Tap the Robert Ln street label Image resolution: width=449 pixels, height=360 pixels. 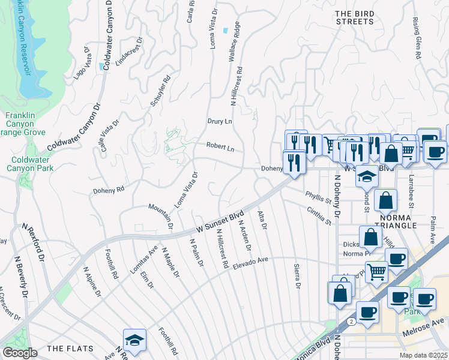click(220, 146)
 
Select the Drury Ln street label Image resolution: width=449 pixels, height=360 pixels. click(220, 121)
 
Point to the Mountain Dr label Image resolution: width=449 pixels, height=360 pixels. click(160, 217)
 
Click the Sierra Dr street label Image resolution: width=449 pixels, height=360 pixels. click(297, 277)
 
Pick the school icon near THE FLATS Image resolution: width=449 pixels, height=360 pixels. click(134, 339)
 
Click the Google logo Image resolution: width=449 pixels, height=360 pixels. click(20, 352)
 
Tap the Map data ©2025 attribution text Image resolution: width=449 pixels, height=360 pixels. click(424, 355)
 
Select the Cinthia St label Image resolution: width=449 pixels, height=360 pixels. click(319, 216)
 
